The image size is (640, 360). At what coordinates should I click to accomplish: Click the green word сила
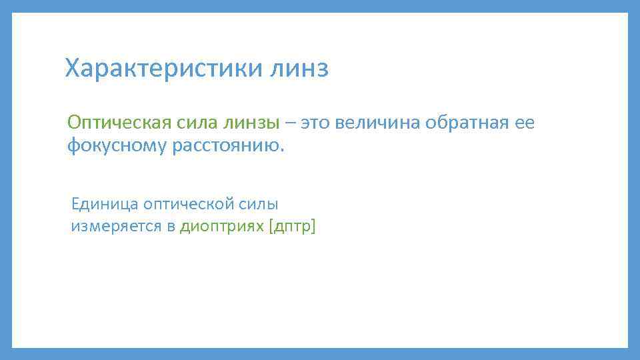click(x=194, y=123)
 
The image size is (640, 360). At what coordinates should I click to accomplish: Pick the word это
click(x=316, y=123)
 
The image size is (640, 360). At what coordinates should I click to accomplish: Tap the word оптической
click(x=187, y=204)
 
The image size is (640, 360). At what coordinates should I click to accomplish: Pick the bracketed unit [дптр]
click(x=292, y=227)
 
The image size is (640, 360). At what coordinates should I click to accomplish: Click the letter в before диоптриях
click(x=171, y=227)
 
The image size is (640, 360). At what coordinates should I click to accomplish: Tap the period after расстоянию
click(x=282, y=149)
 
